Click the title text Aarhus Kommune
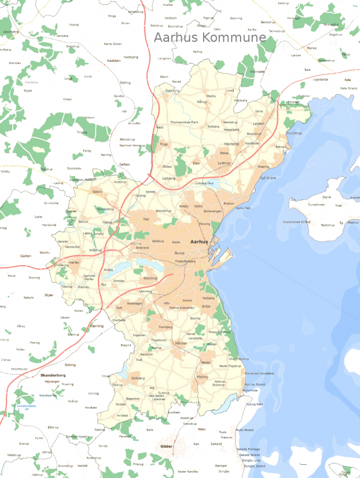[x=210, y=37]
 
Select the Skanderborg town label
[x=53, y=376]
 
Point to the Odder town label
[x=166, y=446]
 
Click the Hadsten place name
[x=114, y=61]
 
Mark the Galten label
[x=26, y=256]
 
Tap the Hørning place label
[x=97, y=325]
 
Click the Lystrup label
[x=224, y=163]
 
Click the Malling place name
[x=203, y=377]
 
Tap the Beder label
[x=206, y=362]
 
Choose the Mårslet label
[x=181, y=343]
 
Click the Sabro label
[x=97, y=191]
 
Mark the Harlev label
[x=74, y=263]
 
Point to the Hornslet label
[x=257, y=71]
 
